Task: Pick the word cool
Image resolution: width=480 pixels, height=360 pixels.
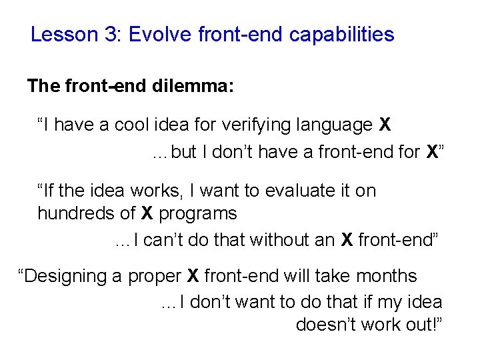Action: coord(133,125)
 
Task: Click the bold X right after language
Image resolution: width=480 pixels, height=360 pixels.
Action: coord(385,125)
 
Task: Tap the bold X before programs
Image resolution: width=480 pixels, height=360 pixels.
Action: coord(148,213)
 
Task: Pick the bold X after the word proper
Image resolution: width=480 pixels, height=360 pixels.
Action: coord(193,276)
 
